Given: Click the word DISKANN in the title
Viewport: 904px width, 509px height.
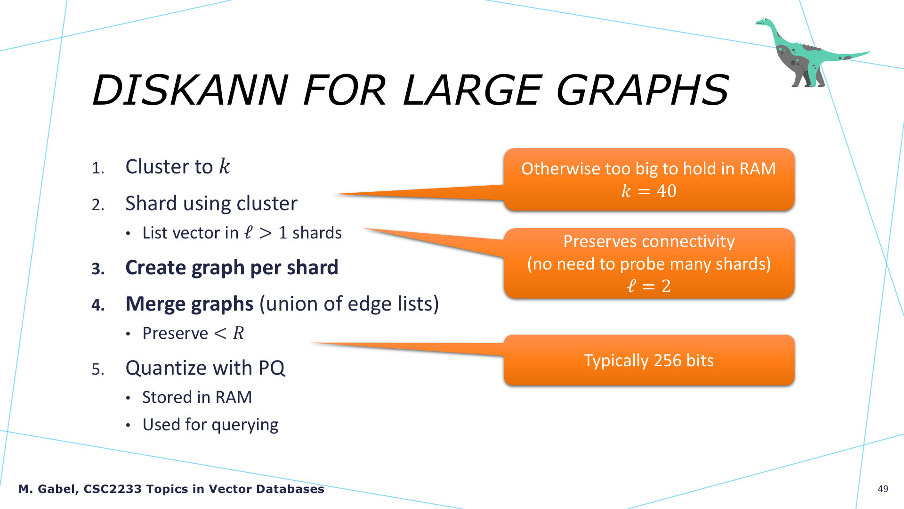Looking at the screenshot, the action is tap(190, 90).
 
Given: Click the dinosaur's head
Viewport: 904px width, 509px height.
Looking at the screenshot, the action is tap(764, 22).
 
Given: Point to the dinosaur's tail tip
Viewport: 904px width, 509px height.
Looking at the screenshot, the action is tap(868, 53).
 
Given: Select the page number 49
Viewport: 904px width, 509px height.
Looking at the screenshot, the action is tap(883, 489).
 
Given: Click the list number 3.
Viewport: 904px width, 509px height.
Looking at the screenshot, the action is tap(98, 269).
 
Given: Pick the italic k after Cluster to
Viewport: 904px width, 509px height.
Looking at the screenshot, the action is tap(225, 166).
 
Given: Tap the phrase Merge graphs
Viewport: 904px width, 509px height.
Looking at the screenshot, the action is tap(190, 304).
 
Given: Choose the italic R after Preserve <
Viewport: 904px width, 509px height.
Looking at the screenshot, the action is tap(239, 333).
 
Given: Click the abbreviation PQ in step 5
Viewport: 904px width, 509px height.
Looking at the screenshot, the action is tap(272, 368).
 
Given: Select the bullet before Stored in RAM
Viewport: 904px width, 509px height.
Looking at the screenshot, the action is tap(128, 398).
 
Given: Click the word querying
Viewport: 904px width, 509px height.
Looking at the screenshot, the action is tap(245, 425).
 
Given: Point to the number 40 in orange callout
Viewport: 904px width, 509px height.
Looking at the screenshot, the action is tap(667, 191).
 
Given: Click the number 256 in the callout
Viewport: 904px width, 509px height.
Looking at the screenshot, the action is tap(668, 361).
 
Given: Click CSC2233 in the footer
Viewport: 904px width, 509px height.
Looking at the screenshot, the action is tap(113, 489).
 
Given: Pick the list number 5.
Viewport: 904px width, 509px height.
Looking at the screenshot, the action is tap(98, 369).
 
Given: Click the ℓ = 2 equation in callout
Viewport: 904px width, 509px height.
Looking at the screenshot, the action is tap(649, 286).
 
